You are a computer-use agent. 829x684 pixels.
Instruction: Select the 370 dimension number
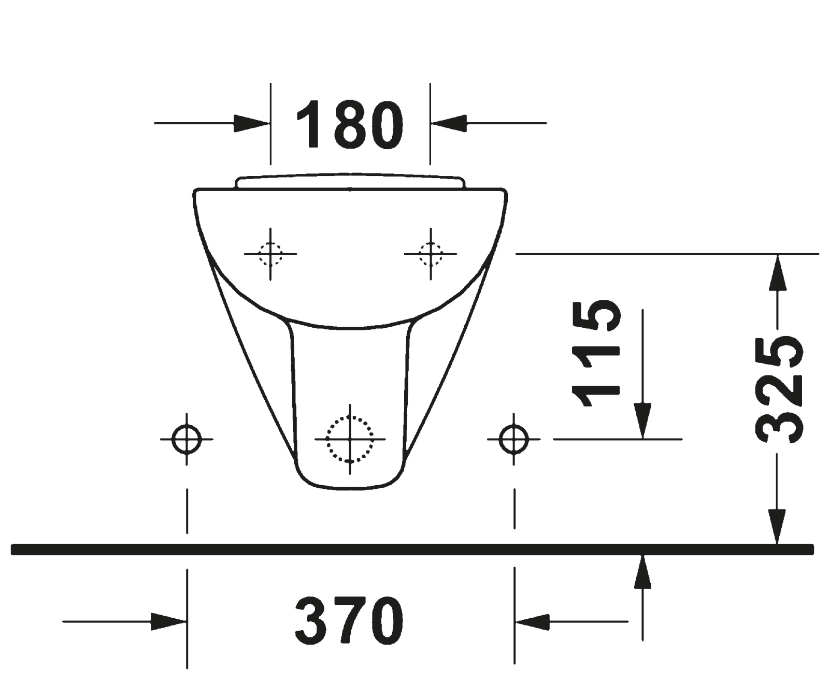(349, 621)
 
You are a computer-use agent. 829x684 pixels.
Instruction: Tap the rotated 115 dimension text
(595, 353)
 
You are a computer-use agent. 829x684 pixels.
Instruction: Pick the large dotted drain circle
(350, 439)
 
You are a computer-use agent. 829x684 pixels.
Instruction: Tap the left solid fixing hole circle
(187, 439)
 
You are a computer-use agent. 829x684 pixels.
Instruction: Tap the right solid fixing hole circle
(514, 439)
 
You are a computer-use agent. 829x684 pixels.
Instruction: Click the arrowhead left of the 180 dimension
(252, 123)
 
